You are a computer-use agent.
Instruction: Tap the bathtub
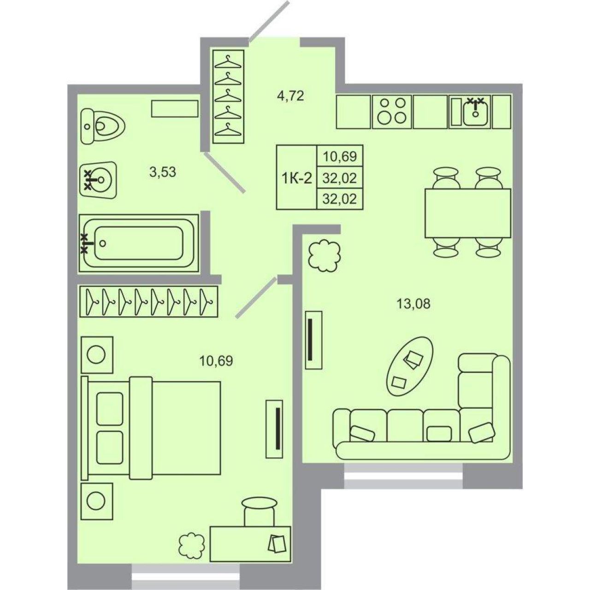coord(139,243)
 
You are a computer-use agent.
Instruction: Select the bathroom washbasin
coord(98,179)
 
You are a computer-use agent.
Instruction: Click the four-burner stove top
coord(392,112)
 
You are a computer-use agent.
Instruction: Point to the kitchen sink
coord(475,112)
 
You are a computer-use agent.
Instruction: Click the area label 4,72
coord(289,96)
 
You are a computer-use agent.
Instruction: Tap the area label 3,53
coord(163,172)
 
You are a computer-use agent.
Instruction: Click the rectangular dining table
coord(468,213)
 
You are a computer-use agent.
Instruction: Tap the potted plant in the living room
coord(324,256)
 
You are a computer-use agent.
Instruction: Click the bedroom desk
coord(250,544)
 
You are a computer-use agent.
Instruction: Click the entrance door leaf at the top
coord(269,21)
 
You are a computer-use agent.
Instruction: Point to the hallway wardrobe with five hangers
coord(229,96)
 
